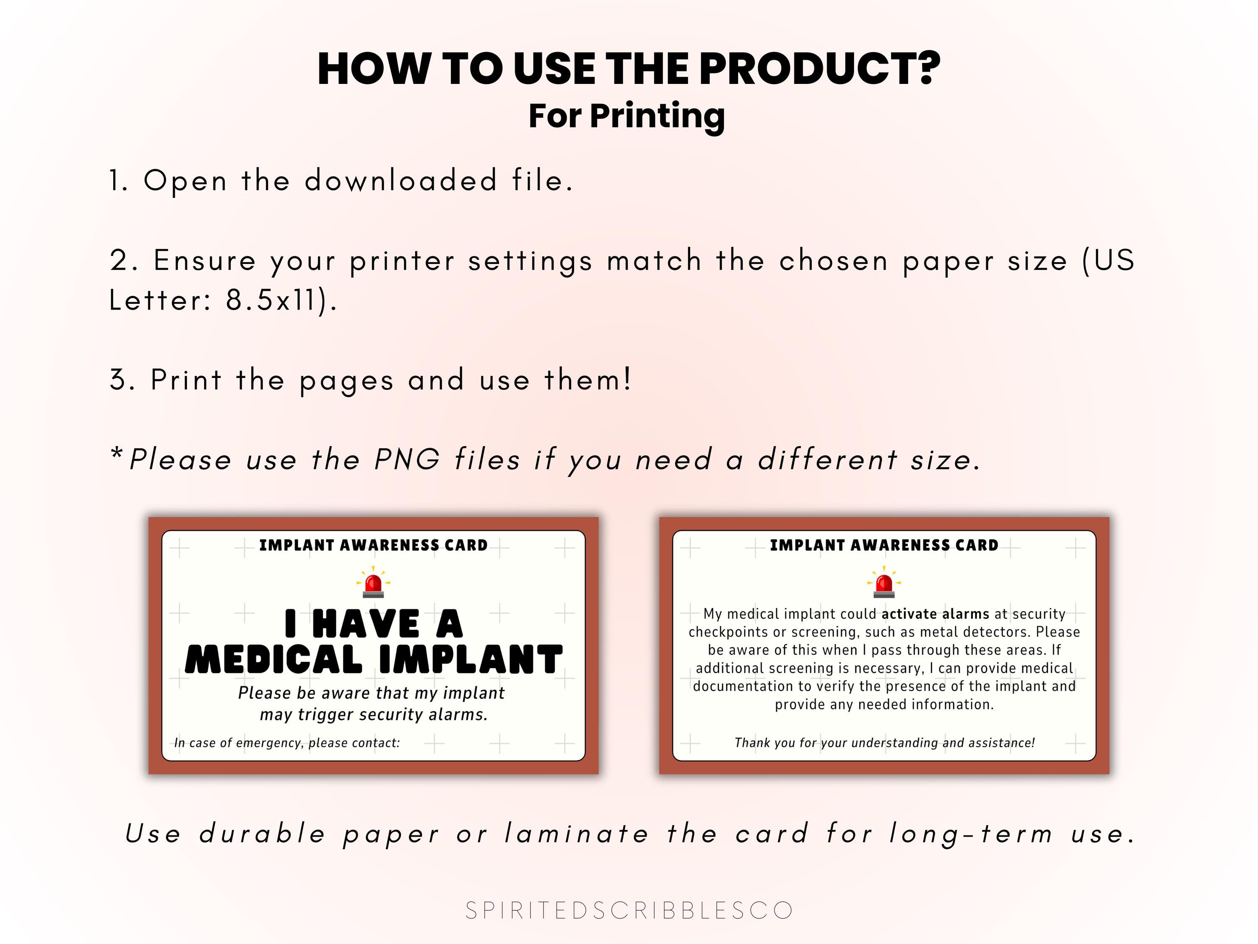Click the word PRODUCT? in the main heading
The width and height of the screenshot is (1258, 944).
click(x=819, y=69)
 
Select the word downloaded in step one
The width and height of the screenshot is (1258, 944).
click(x=401, y=181)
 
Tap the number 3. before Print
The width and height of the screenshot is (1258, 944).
click(x=122, y=380)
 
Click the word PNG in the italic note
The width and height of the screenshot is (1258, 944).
click(x=407, y=459)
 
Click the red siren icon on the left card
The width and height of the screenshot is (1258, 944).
click(x=373, y=583)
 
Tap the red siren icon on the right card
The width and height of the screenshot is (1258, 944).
click(x=884, y=583)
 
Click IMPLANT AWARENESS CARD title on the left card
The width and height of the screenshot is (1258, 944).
click(x=373, y=545)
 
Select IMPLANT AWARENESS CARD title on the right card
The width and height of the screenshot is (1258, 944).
click(x=884, y=545)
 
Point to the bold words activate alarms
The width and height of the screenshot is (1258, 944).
click(x=935, y=614)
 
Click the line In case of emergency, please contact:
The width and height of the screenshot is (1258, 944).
click(x=287, y=743)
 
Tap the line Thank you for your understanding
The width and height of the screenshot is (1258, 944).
click(x=884, y=743)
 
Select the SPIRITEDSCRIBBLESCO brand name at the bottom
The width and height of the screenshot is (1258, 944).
click(x=629, y=910)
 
